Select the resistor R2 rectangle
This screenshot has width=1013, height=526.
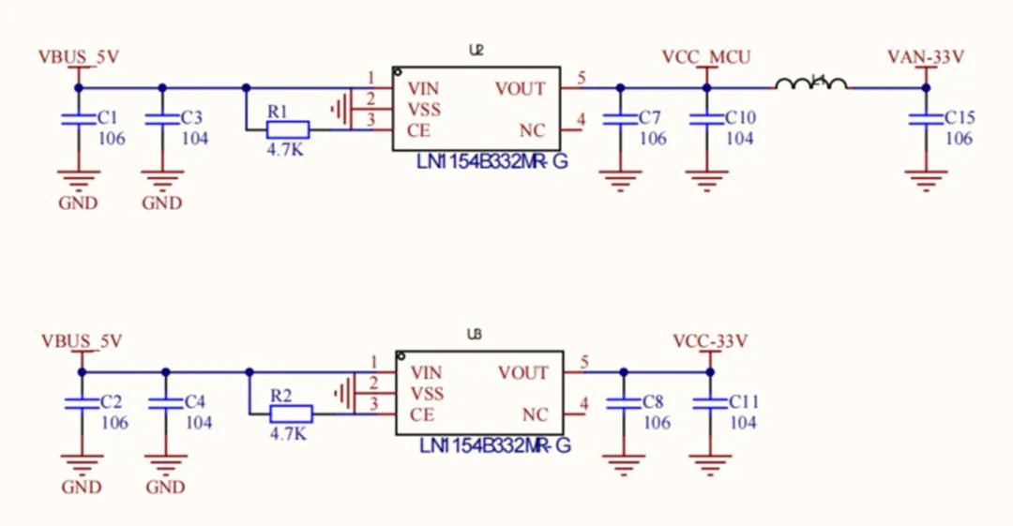[292, 414]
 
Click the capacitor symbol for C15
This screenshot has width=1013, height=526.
[926, 119]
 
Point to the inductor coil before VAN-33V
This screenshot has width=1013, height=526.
[811, 84]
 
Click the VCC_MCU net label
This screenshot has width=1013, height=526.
[706, 57]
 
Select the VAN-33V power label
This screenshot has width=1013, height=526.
[926, 57]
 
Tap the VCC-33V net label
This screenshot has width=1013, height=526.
[710, 341]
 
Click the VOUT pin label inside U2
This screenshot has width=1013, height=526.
[520, 89]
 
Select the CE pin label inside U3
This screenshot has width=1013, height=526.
[421, 414]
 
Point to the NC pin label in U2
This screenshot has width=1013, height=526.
[532, 130]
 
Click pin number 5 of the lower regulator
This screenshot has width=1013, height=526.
[584, 362]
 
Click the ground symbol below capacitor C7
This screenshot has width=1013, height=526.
[619, 179]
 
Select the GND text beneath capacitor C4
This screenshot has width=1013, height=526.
[165, 488]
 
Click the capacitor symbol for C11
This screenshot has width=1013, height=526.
[710, 403]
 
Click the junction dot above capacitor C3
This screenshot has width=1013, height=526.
[161, 87]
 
